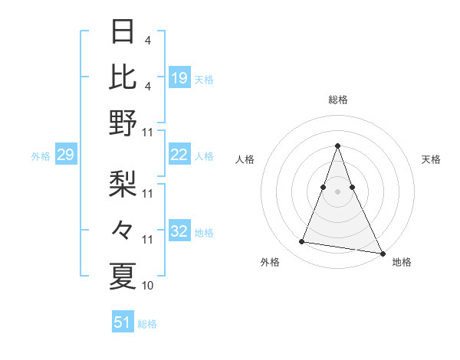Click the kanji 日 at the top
[x=123, y=32]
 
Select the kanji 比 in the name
[x=123, y=77]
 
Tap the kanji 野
[x=123, y=123]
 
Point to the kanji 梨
[x=123, y=184]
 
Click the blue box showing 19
[x=179, y=78]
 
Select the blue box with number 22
[x=179, y=155]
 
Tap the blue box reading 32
[x=179, y=231]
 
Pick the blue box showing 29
[x=65, y=155]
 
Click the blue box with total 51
[x=123, y=322]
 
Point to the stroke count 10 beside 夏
[x=148, y=286]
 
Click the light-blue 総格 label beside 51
[x=147, y=324]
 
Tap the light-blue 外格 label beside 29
[x=41, y=156]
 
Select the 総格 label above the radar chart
[x=337, y=100]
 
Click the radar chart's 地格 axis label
[x=402, y=263]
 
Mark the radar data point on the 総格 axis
[x=337, y=146]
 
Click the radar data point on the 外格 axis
[x=302, y=242]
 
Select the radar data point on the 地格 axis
[x=382, y=253]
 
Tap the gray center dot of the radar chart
[x=337, y=191]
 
